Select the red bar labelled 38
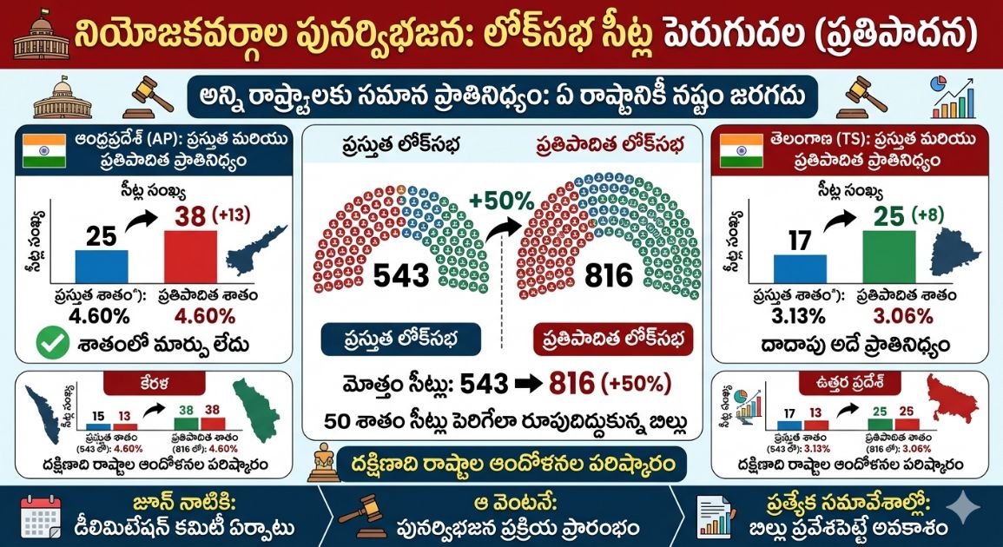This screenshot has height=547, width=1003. click(190, 256)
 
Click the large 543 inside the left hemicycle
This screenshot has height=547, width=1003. click(401, 276)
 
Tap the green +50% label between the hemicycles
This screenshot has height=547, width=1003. click(502, 201)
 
